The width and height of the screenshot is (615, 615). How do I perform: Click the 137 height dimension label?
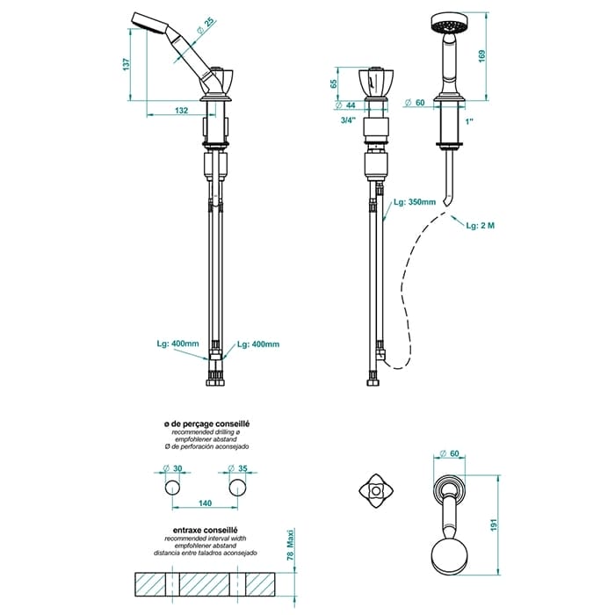coord(126,64)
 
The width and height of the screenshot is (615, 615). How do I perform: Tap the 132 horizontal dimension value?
coord(181,110)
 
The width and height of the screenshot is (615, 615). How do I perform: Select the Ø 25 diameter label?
coord(206,25)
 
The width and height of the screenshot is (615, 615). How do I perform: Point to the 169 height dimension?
coord(482,55)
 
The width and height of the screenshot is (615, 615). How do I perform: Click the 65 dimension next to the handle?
coord(334,83)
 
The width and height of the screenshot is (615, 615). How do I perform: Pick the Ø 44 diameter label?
coord(346,105)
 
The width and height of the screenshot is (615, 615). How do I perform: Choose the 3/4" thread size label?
coord(348,120)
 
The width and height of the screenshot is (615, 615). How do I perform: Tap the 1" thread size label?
coord(469,121)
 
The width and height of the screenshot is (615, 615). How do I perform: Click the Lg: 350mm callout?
coord(415,202)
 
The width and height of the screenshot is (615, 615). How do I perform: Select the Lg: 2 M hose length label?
coord(481,226)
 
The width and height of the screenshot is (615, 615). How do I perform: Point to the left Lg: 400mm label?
coord(178,344)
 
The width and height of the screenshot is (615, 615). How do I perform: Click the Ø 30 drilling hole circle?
coord(172,488)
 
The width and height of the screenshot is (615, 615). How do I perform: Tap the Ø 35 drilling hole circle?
coord(237,488)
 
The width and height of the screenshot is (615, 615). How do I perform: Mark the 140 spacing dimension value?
coord(205,503)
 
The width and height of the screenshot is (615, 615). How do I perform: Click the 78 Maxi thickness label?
coord(290,546)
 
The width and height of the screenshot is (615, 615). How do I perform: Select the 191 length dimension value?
coord(494,525)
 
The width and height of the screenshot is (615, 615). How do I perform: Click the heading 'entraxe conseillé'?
coord(206,531)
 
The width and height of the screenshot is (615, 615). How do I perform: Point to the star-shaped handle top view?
coord(376,490)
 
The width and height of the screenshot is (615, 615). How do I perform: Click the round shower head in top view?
coord(449,558)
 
